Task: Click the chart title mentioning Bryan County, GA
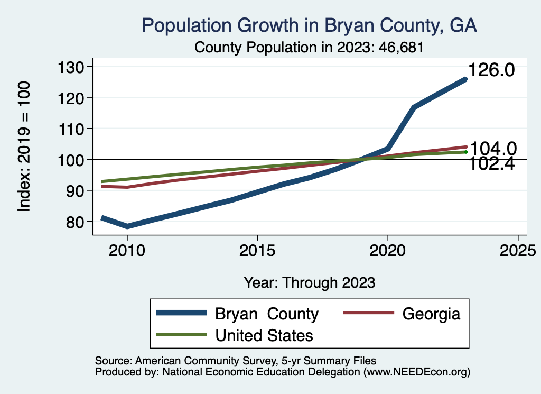309,25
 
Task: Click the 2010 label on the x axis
127,250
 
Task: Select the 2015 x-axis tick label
257,250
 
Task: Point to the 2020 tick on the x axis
388,250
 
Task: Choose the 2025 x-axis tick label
518,250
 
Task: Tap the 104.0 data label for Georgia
492,149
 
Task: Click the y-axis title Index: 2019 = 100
24,146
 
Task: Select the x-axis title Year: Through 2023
309,282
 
